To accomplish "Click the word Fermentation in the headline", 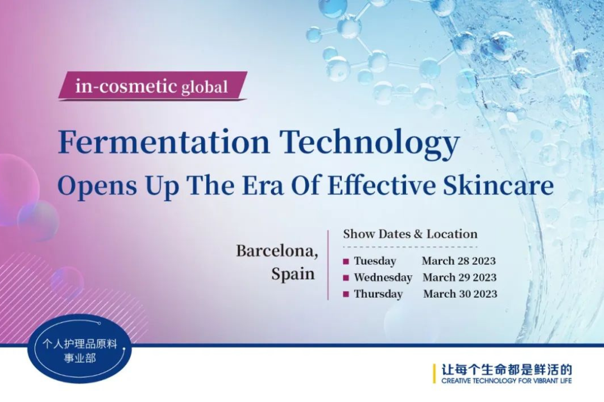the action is click(163, 142).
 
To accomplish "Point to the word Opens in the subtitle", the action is click(97, 186).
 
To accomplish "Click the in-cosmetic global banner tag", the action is click(153, 85).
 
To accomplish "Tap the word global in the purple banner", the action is click(205, 88).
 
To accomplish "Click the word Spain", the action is click(293, 274).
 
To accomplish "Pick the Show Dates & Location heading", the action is click(410, 234).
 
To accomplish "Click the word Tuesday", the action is click(375, 261).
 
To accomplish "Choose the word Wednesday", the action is click(383, 277).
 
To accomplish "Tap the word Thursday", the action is click(378, 294).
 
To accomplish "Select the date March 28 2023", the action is click(459, 261).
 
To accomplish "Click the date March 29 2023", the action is click(460, 277).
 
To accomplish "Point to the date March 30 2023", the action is click(460, 294).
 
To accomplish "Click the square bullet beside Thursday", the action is click(346, 294).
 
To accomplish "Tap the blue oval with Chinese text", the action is click(80, 350).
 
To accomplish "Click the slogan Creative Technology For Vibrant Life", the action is click(507, 381).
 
